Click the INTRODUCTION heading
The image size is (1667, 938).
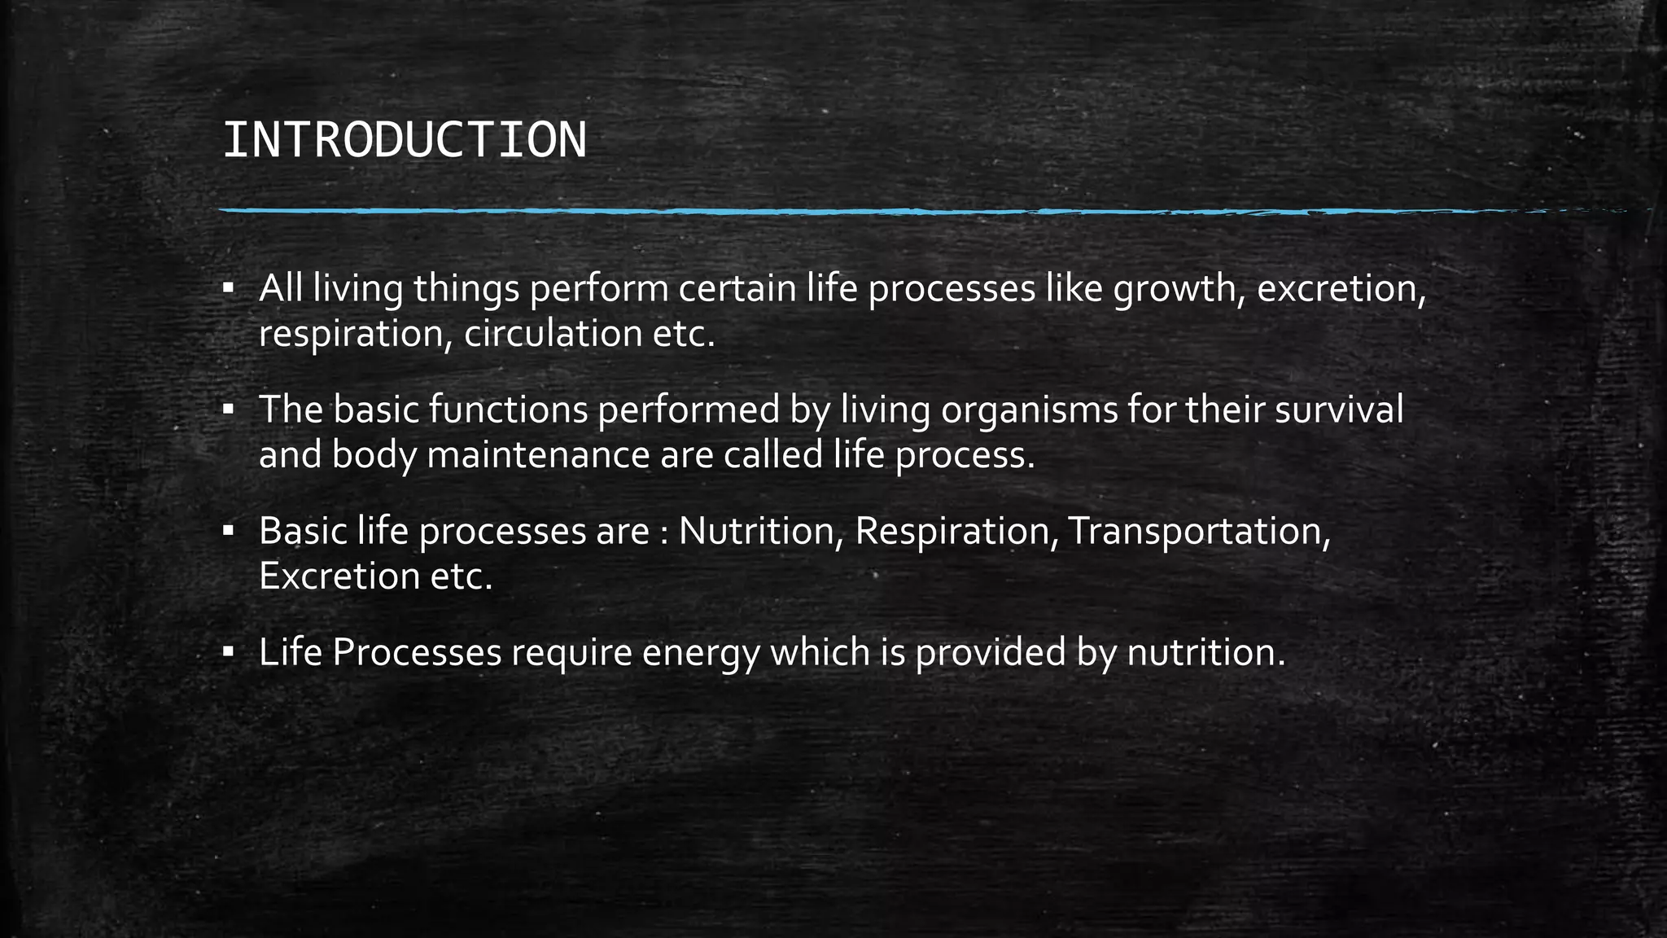404,140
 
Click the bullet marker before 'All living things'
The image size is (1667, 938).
229,288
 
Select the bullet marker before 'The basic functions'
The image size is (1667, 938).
229,409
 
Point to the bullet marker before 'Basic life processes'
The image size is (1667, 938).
229,531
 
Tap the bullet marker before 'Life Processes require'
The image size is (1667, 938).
229,651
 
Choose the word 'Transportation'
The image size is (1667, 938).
1198,531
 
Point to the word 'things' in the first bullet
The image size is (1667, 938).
466,289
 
